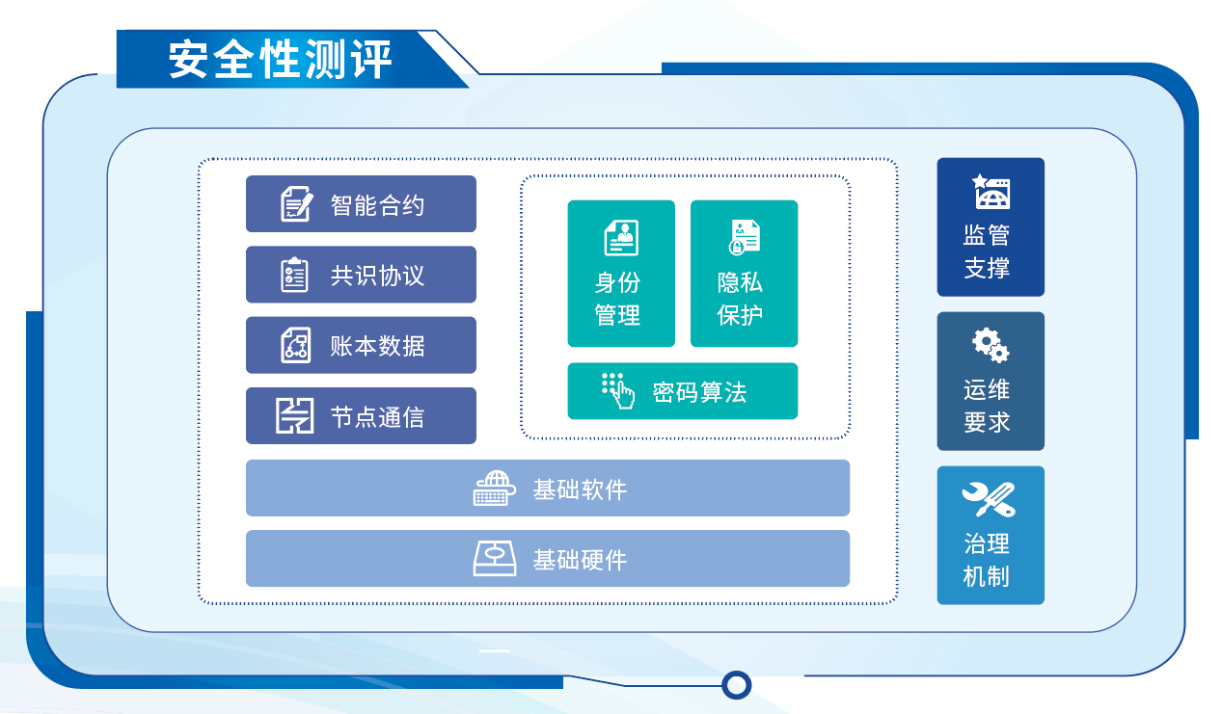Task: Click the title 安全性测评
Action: pyautogui.click(x=280, y=60)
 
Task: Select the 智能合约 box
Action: pyautogui.click(x=361, y=204)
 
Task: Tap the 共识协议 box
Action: pyautogui.click(x=361, y=275)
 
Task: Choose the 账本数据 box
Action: pyautogui.click(x=361, y=345)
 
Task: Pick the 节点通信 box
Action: pyautogui.click(x=361, y=416)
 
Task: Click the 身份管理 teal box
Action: pyautogui.click(x=621, y=274)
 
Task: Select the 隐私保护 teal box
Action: pyautogui.click(x=745, y=274)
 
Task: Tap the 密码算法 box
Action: pyautogui.click(x=683, y=391)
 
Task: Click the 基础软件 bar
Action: pyautogui.click(x=548, y=488)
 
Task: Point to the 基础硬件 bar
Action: pyautogui.click(x=548, y=559)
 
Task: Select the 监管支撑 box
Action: pyautogui.click(x=991, y=227)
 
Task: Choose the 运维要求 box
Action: pyautogui.click(x=991, y=381)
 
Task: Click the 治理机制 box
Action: pyautogui.click(x=991, y=535)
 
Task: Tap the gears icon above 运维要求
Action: pyautogui.click(x=991, y=345)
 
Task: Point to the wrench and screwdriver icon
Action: pyautogui.click(x=989, y=499)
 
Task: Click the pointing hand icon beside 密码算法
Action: pyautogui.click(x=618, y=391)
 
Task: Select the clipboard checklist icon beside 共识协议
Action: pyautogui.click(x=294, y=275)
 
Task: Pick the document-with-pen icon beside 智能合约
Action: pyautogui.click(x=297, y=204)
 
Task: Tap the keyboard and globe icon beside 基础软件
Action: pyautogui.click(x=494, y=489)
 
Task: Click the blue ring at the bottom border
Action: pyautogui.click(x=737, y=685)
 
